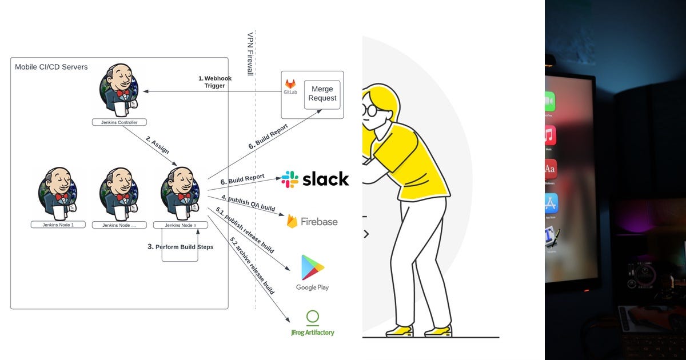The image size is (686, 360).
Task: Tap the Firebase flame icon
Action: (x=292, y=221)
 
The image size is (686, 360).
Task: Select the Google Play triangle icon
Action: (x=313, y=267)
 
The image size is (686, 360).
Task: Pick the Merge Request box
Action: (x=322, y=94)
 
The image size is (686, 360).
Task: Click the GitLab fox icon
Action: (x=290, y=85)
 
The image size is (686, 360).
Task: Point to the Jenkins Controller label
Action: (x=119, y=122)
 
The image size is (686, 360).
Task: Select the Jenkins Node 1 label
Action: (x=58, y=225)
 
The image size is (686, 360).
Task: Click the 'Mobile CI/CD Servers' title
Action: (x=51, y=67)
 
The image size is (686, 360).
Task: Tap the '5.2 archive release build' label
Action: (x=252, y=266)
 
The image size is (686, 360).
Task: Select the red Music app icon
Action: (x=550, y=136)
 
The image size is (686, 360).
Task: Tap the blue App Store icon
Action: (x=551, y=203)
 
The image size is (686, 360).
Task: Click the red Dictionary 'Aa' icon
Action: (x=551, y=170)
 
